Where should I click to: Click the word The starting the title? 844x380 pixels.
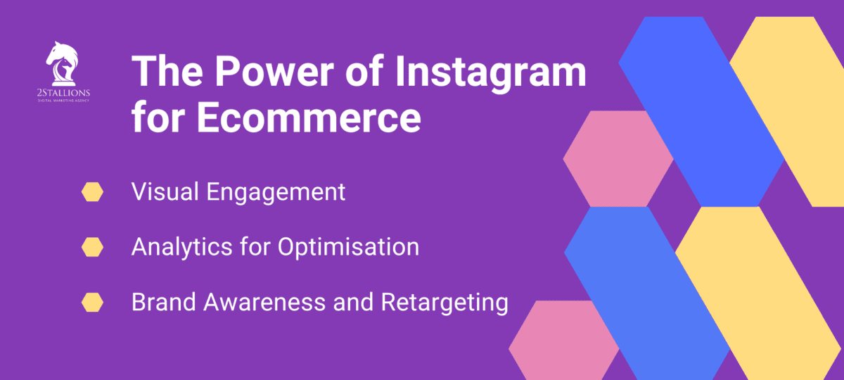(167, 73)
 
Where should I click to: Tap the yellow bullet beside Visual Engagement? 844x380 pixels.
(92, 192)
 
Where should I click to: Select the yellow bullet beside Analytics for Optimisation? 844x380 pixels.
(92, 247)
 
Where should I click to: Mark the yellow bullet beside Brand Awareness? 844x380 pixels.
(92, 303)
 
